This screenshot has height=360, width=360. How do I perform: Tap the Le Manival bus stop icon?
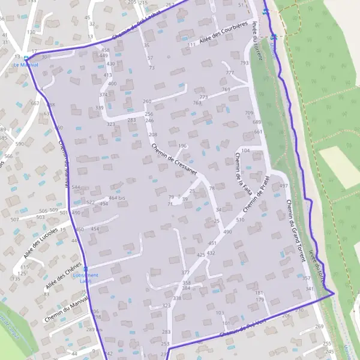(26, 59)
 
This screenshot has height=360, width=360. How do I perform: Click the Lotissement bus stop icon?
(85, 269)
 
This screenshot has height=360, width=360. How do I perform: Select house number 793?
(244, 63)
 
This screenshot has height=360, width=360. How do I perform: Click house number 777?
(230, 73)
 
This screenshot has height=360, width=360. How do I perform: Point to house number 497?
(284, 187)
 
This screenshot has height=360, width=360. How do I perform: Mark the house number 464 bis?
(117, 197)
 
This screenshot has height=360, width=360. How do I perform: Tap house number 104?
(245, 151)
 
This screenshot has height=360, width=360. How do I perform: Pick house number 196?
(182, 146)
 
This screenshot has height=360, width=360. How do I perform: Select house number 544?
(76, 187)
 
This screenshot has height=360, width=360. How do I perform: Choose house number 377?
(185, 273)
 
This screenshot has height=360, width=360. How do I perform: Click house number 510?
(240, 220)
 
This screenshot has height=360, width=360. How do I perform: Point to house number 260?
(147, 101)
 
